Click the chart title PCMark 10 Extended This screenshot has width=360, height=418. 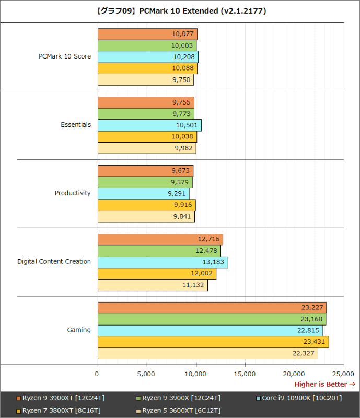click(x=180, y=10)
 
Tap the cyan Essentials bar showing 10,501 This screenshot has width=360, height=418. click(x=149, y=125)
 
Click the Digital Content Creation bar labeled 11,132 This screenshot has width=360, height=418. click(x=153, y=285)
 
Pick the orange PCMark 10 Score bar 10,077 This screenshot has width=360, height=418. click(x=147, y=34)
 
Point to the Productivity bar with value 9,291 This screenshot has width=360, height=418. click(x=143, y=193)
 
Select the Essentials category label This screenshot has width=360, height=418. click(x=76, y=125)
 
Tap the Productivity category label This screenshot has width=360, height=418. click(x=73, y=193)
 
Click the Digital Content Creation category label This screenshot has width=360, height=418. click(x=54, y=261)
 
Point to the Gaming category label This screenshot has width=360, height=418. click(x=79, y=330)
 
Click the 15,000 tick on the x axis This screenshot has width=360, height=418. click(x=245, y=374)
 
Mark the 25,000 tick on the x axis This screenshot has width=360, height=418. click(x=343, y=374)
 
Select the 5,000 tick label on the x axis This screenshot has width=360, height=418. click(x=146, y=374)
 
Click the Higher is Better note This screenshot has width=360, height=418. click(x=324, y=385)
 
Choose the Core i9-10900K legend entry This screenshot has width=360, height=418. click(x=302, y=398)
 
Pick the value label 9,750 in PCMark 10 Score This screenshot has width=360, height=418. click(x=181, y=80)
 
